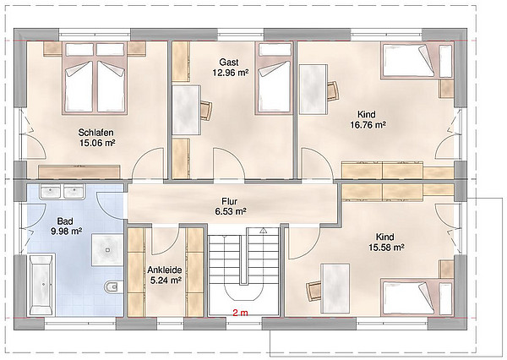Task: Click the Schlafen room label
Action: click(95, 133)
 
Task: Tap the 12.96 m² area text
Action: click(231, 73)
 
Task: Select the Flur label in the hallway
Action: click(230, 201)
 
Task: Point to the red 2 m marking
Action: click(240, 313)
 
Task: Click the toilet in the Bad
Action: click(114, 286)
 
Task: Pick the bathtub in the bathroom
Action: click(42, 285)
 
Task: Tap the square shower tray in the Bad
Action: click(107, 249)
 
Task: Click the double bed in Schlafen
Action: click(95, 78)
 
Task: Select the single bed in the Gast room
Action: click(275, 78)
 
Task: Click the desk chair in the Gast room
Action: click(206, 111)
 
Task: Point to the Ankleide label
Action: click(165, 270)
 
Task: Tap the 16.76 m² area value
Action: click(368, 124)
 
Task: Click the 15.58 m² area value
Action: click(387, 248)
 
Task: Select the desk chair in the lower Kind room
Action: click(313, 291)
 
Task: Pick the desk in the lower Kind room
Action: click(335, 288)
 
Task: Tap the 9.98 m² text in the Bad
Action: click(66, 232)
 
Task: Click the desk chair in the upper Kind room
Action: click(333, 91)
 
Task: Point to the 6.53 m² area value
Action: click(231, 211)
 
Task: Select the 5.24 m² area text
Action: click(166, 280)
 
